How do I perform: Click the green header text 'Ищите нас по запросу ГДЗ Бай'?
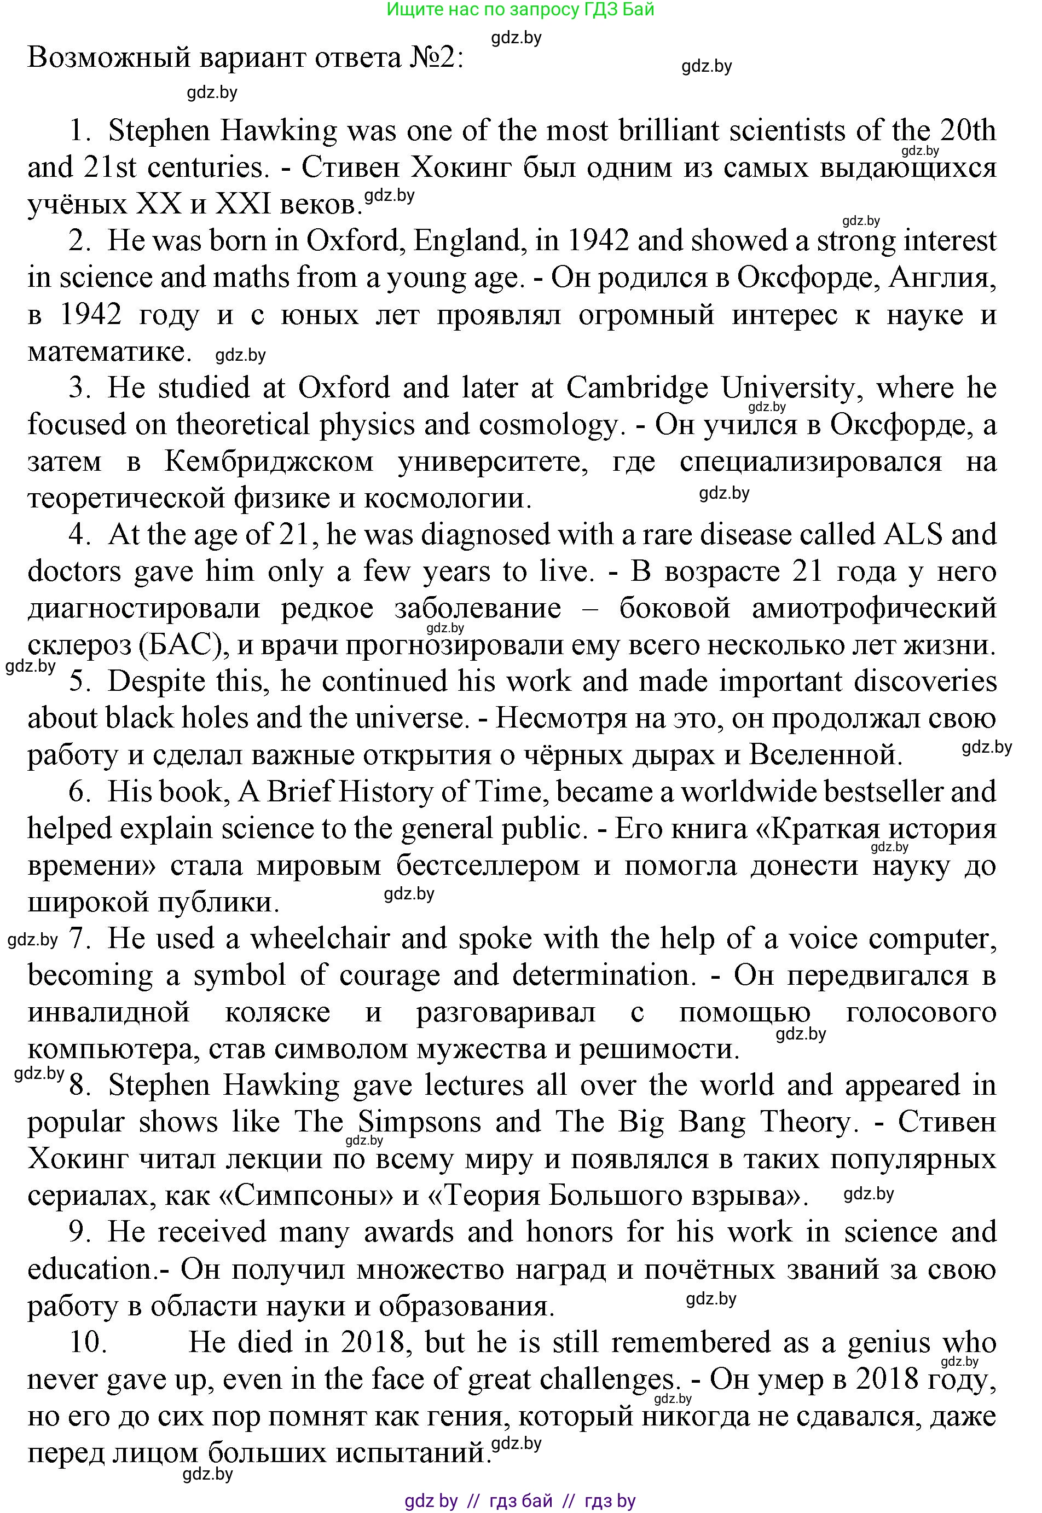520,10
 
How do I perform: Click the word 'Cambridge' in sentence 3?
636,388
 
